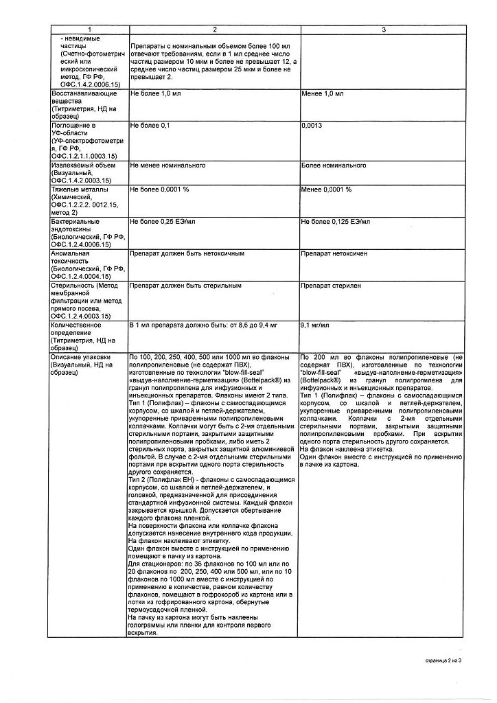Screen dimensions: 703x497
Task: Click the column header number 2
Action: pyautogui.click(x=213, y=30)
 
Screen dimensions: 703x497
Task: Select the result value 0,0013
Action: pyautogui.click(x=312, y=126)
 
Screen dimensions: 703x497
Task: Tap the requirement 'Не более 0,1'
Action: pyautogui.click(x=150, y=126)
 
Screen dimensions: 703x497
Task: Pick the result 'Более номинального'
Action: pyautogui.click(x=334, y=165)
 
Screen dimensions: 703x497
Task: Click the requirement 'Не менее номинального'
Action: pyautogui.click(x=167, y=165)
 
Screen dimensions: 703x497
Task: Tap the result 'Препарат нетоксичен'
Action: pyautogui.click(x=334, y=253)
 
